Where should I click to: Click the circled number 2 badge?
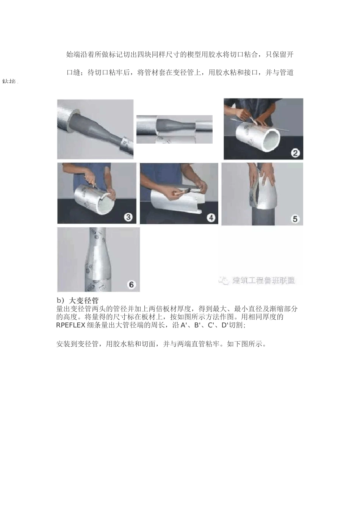pos(295,153)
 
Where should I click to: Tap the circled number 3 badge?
pos(128,217)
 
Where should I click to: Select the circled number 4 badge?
pos(211,217)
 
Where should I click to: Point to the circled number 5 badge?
pos(295,219)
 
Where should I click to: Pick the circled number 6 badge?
pos(131,285)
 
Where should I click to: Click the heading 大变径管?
pos(85,301)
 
